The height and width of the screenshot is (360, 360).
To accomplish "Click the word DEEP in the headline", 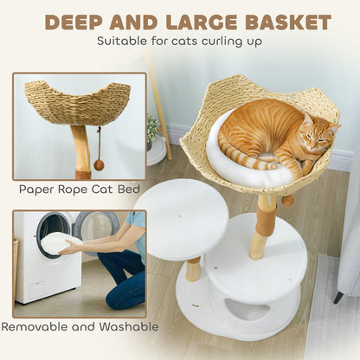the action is tap(74, 22).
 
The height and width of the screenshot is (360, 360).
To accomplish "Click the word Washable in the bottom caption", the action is tap(129, 327).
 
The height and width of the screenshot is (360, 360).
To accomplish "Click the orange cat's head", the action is tap(318, 132).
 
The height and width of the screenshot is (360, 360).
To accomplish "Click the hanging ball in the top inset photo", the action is tap(100, 165).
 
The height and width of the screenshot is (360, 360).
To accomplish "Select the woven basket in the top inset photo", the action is tap(77, 102).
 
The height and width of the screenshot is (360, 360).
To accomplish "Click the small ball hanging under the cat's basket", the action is tap(288, 200).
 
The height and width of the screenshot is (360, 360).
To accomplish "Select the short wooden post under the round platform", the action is tap(193, 270).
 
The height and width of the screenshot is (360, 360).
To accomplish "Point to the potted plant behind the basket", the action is tap(152, 128).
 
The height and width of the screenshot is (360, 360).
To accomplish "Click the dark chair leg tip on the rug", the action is tap(338, 298).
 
